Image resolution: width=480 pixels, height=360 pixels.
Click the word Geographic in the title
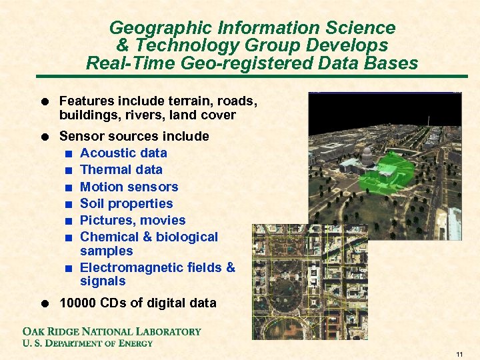(x=151, y=28)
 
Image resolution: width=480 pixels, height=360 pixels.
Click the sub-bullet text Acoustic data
(x=123, y=153)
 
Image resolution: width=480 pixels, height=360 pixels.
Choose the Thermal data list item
(x=121, y=169)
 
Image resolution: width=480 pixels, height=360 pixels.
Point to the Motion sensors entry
(x=129, y=187)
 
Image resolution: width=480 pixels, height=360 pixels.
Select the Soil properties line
(x=126, y=203)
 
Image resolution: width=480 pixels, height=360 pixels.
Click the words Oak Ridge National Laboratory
(x=112, y=331)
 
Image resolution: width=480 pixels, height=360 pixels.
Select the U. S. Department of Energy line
(x=88, y=343)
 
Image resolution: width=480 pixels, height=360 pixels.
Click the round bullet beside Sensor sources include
(x=43, y=137)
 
